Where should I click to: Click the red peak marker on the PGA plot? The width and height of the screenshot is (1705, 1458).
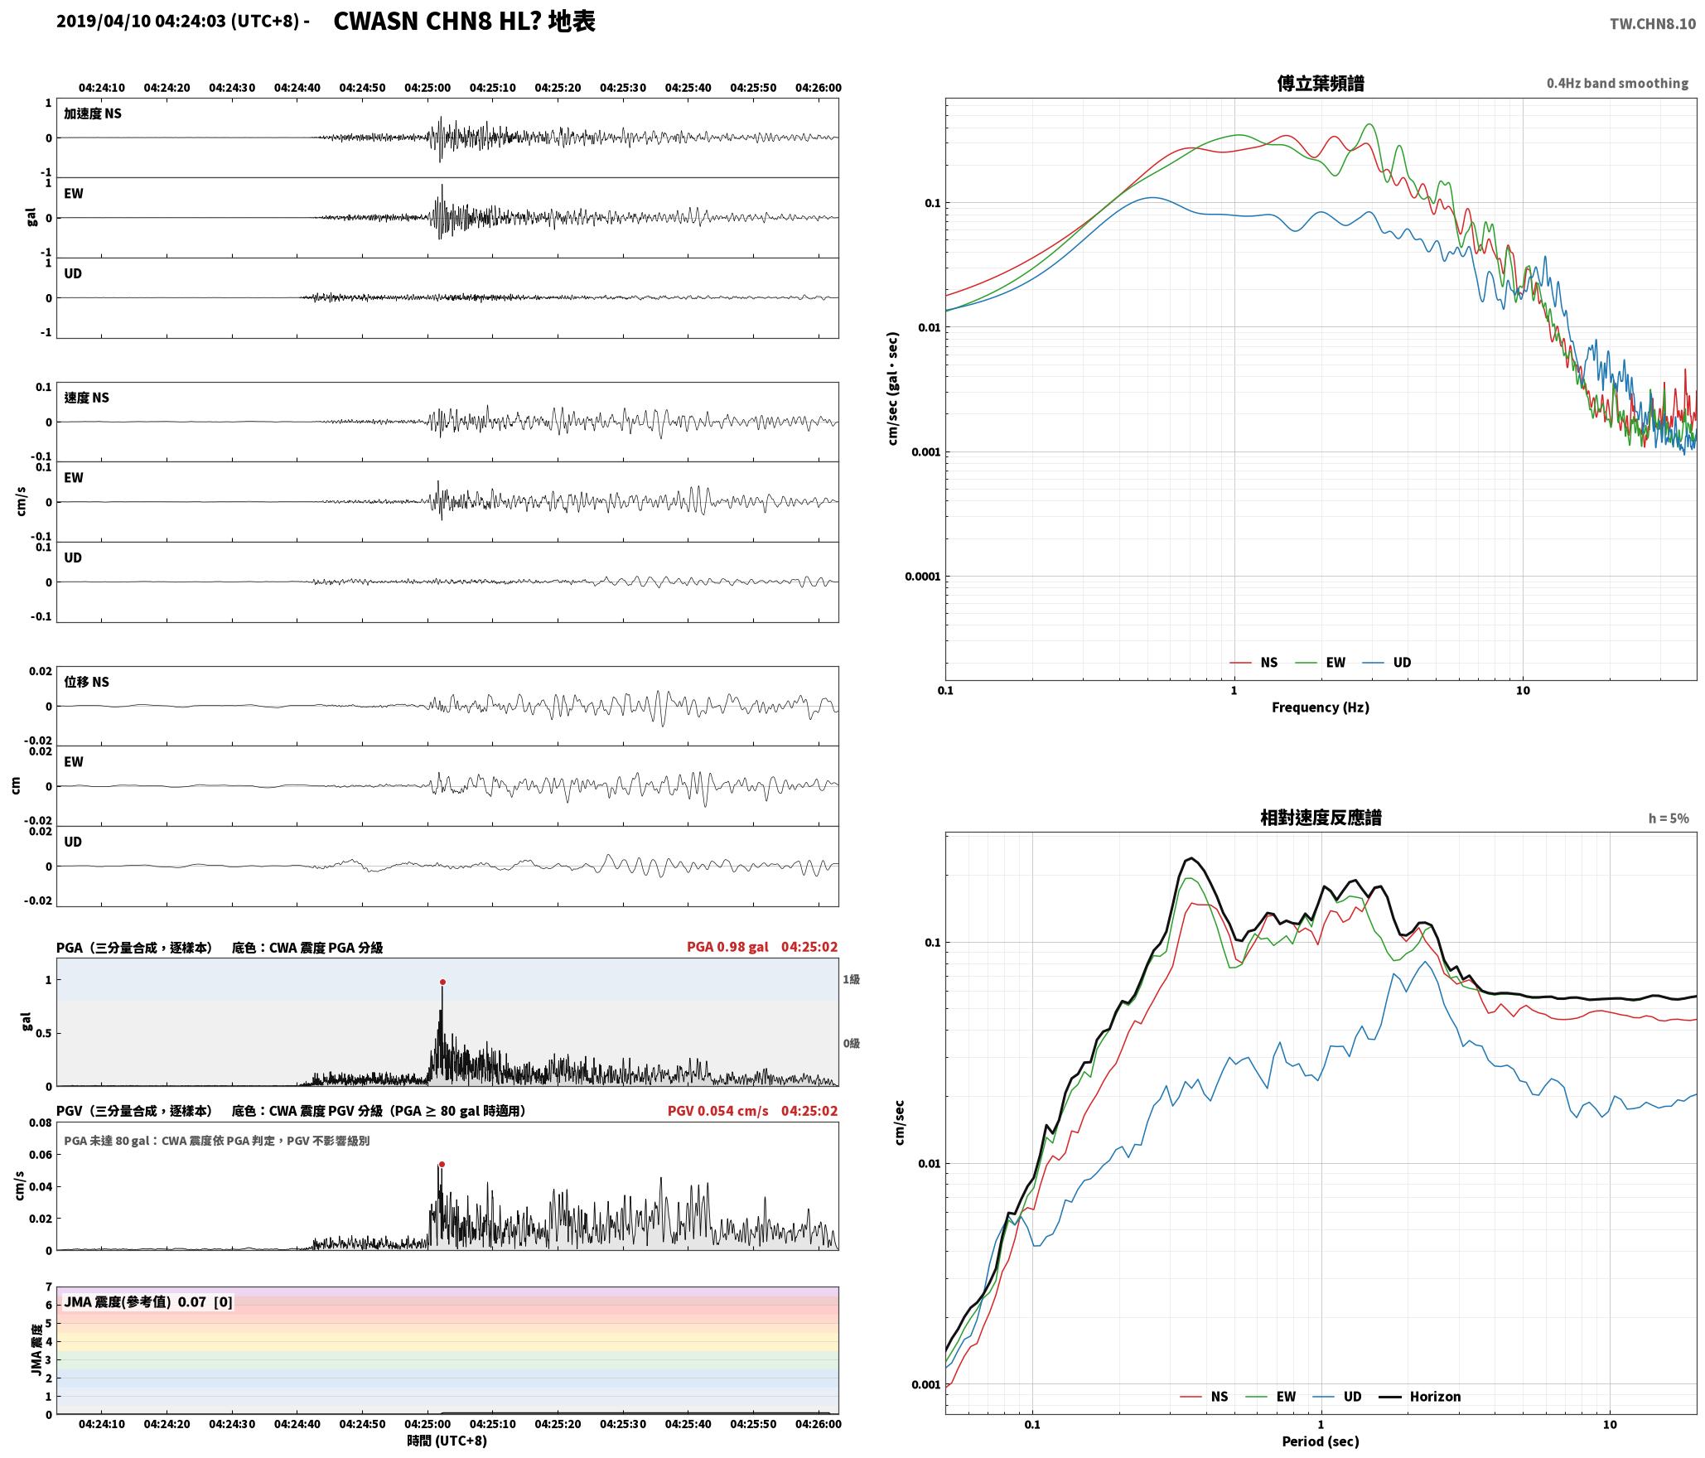[x=442, y=982]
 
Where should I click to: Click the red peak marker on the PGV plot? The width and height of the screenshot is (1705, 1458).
[x=442, y=1164]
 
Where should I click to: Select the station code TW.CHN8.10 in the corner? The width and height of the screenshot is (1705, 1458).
[x=1653, y=24]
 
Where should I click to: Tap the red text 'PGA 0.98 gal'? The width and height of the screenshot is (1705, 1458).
[x=727, y=947]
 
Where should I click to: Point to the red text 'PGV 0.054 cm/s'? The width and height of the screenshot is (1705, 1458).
[x=717, y=1111]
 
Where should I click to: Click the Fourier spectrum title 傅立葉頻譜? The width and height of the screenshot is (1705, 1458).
[x=1321, y=83]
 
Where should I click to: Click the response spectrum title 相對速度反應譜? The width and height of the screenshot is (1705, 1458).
[x=1321, y=818]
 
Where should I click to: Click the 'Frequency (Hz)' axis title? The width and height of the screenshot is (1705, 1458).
[x=1321, y=707]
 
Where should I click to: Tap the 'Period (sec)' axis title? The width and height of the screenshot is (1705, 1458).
[x=1321, y=1441]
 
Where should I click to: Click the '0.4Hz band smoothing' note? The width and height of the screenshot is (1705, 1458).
[x=1617, y=84]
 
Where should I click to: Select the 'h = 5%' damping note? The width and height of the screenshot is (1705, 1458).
[x=1669, y=818]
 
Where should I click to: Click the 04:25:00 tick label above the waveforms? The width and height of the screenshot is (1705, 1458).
[x=427, y=88]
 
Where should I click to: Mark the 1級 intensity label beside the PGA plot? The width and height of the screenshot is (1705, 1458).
[x=851, y=979]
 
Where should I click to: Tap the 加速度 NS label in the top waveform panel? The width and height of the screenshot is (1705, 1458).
[x=93, y=113]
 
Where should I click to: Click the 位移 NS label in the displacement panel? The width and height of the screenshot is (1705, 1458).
[x=86, y=682]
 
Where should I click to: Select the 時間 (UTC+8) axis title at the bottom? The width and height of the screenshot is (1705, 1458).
[x=447, y=1441]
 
